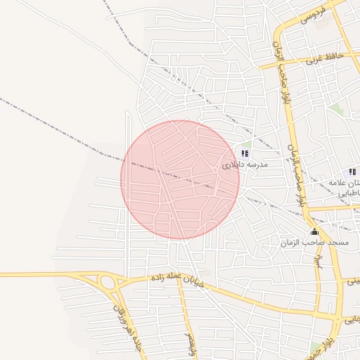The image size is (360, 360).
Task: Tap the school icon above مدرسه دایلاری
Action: pyautogui.click(x=245, y=153)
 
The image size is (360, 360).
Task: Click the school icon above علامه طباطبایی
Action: pyautogui.click(x=352, y=172)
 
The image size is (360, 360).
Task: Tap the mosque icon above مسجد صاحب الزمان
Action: pyautogui.click(x=314, y=231)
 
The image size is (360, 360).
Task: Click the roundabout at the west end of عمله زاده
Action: pyautogui.click(x=108, y=284)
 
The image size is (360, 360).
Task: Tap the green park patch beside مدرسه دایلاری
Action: pyautogui.click(x=247, y=143)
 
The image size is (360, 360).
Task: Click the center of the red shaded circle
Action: pyautogui.click(x=180, y=179)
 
